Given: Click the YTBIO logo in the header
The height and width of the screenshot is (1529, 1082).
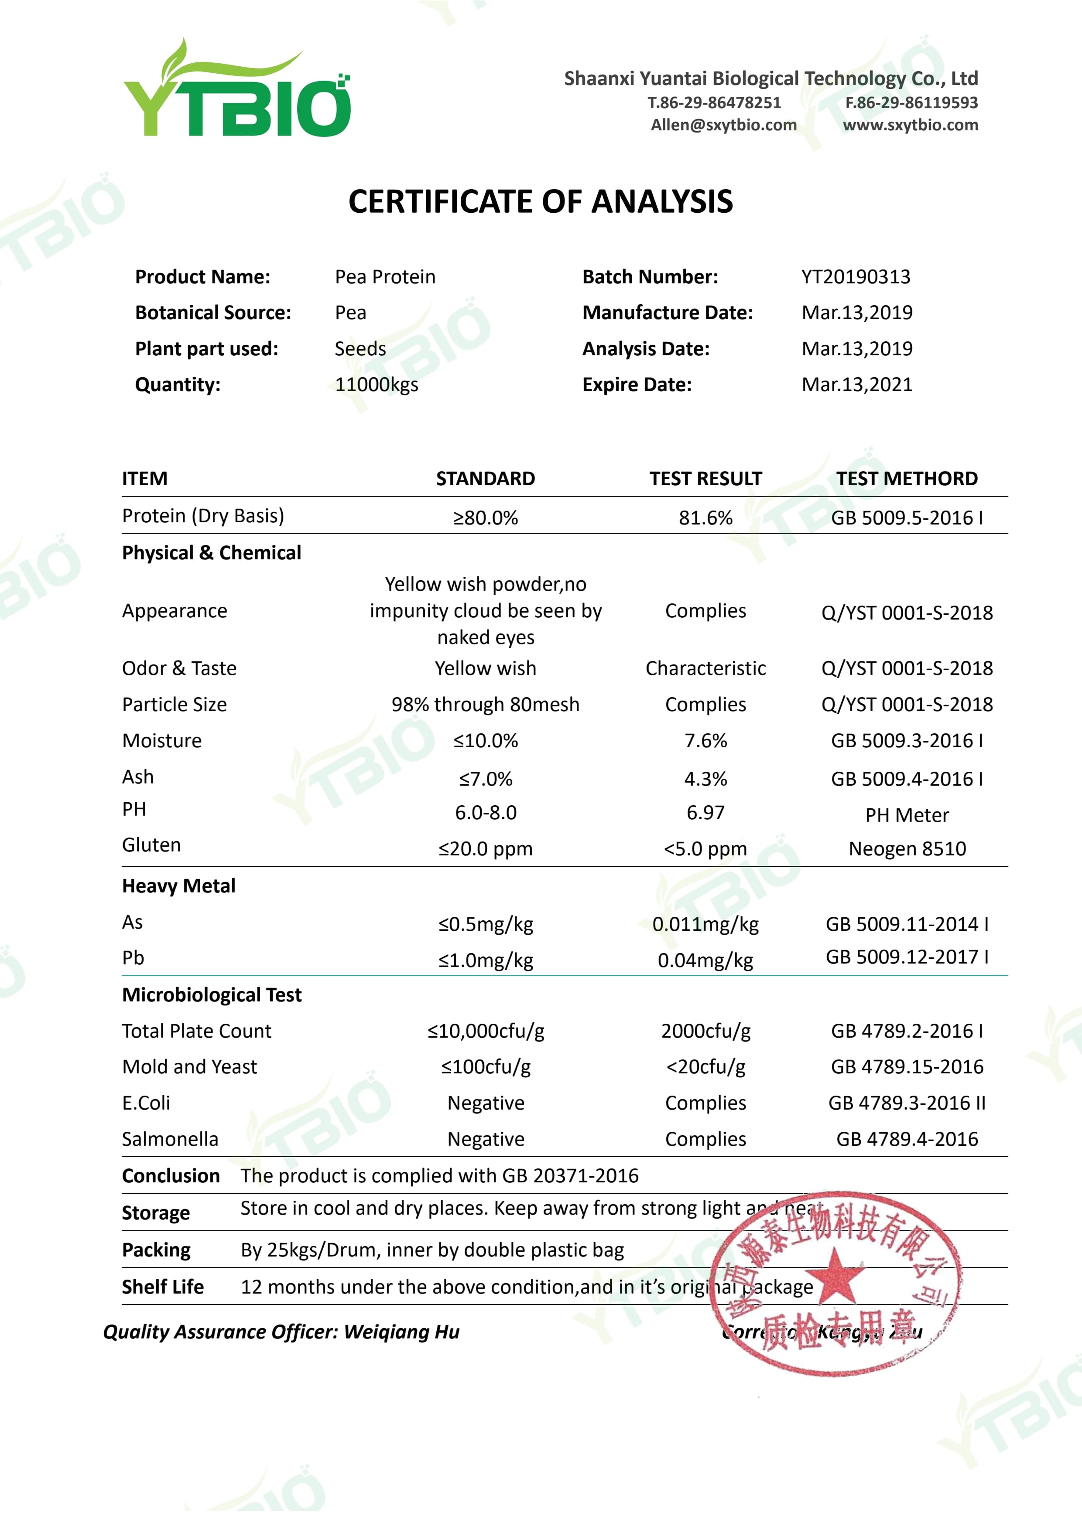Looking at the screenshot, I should click(236, 90).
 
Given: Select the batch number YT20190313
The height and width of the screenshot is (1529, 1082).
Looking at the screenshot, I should click(856, 277).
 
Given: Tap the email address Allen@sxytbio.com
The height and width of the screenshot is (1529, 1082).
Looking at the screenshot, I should click(723, 125).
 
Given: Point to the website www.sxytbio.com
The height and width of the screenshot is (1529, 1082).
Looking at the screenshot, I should click(910, 125).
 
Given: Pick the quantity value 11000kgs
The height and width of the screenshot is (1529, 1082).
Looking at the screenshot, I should click(377, 385).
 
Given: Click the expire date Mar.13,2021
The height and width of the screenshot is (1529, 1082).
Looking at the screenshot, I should click(857, 385).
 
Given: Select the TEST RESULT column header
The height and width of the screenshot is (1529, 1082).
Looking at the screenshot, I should click(705, 479).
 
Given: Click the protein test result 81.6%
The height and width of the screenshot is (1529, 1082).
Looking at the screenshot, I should click(705, 518).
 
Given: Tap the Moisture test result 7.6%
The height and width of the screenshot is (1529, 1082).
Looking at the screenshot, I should click(705, 741).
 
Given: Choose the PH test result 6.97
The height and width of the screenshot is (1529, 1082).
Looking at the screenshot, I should click(705, 812).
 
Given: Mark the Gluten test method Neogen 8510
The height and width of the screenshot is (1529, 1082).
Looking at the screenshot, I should click(907, 849).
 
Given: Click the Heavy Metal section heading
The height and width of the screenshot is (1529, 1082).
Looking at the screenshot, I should click(178, 885).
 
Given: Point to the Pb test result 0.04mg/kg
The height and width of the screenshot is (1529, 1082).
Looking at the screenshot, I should click(705, 960).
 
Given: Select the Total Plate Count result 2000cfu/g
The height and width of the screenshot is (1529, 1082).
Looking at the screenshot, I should click(705, 1031).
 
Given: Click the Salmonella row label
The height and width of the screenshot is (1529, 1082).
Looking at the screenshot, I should click(170, 1139).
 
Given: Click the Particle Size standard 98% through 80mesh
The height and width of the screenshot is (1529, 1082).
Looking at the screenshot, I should click(485, 705).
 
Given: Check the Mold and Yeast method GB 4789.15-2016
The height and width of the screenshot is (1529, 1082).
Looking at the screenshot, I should click(907, 1067).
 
